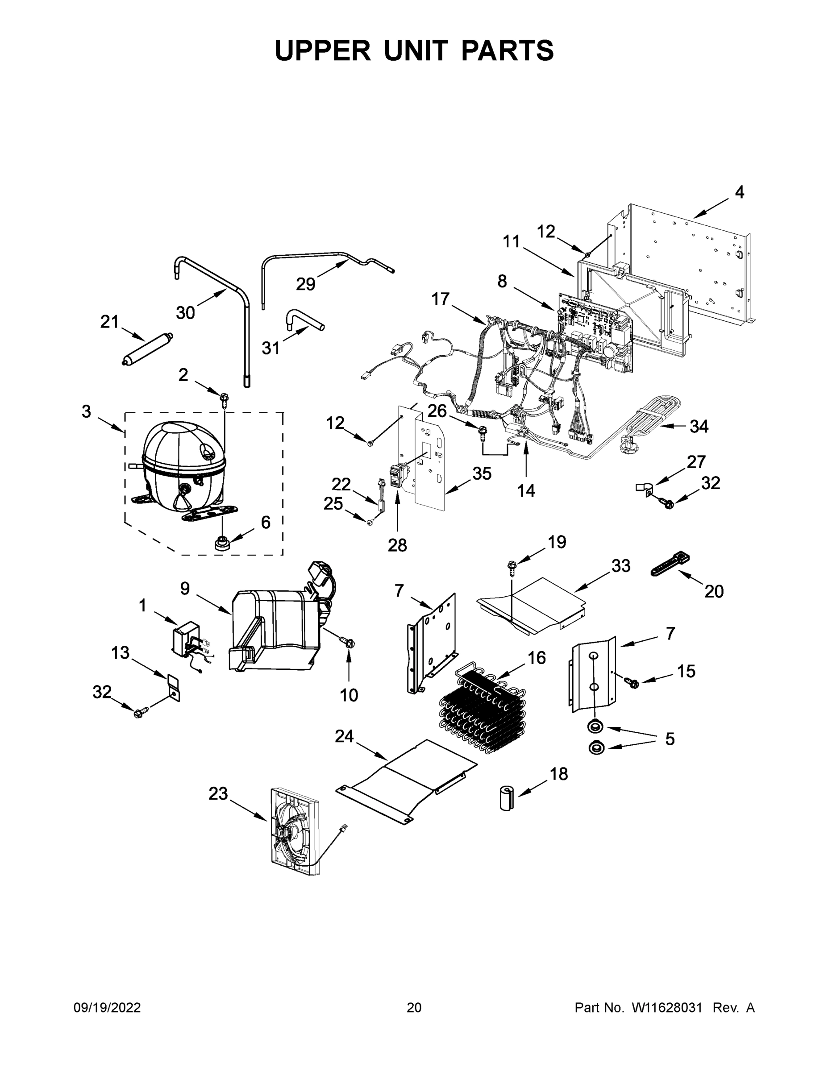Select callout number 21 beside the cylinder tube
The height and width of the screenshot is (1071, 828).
(x=109, y=322)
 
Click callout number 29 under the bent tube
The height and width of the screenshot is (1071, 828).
(x=305, y=284)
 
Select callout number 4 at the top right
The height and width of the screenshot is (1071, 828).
(x=739, y=192)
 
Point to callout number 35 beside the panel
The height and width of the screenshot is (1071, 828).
(x=482, y=474)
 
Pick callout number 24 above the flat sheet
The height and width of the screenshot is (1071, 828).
(x=344, y=736)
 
